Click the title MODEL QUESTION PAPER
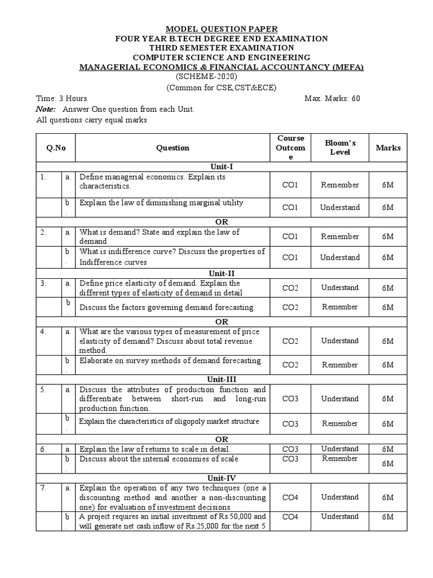[x=221, y=29]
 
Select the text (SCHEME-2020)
[x=206, y=77]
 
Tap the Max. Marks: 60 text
[x=332, y=98]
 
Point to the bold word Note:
[x=46, y=109]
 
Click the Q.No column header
[x=56, y=148]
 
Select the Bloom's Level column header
[x=339, y=148]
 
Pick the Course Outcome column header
[x=291, y=148]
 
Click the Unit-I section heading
[x=221, y=167]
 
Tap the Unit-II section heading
[x=221, y=274]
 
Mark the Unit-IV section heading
[x=221, y=478]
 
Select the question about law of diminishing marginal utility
[x=161, y=203]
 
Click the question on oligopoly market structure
[x=169, y=421]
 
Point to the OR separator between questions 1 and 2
[x=221, y=222]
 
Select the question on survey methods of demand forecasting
[x=171, y=360]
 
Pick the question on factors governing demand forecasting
[x=167, y=308]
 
